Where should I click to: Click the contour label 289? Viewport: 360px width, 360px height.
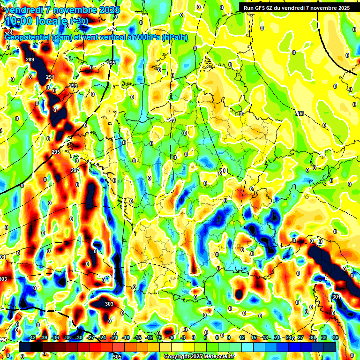coord(30,60)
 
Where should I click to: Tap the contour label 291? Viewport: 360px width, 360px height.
coord(50,77)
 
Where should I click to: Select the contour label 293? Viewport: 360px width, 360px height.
coord(73,86)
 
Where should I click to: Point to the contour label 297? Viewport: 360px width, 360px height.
coord(75,170)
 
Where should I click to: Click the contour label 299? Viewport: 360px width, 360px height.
coord(172,120)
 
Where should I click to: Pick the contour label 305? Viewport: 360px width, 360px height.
coord(117,357)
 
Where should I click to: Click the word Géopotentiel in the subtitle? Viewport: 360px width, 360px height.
coord(28,37)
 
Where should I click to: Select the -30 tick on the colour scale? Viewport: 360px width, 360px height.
coord(79,337)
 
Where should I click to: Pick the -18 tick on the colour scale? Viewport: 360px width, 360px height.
coord(126,337)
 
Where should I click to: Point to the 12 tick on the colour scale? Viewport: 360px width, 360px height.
coord(242,337)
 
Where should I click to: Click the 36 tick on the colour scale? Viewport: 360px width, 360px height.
coord(336,337)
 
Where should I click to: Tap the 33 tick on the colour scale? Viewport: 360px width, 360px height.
coord(324,337)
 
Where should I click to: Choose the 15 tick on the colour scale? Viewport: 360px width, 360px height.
coord(254,337)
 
